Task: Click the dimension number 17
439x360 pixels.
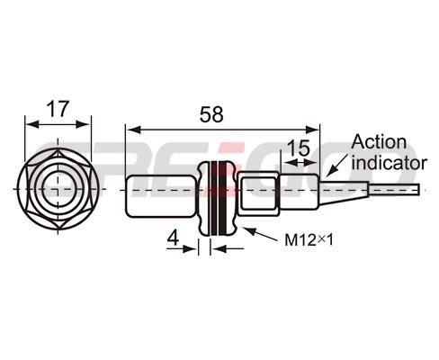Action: click(x=58, y=109)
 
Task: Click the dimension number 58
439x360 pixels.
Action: click(x=211, y=114)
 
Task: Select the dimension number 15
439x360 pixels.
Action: click(x=299, y=148)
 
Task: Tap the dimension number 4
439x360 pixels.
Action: click(x=173, y=238)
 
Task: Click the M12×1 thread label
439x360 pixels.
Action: click(x=309, y=240)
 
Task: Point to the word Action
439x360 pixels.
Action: click(x=379, y=142)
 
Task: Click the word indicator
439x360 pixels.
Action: click(x=389, y=163)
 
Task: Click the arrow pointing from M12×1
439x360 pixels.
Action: click(x=261, y=234)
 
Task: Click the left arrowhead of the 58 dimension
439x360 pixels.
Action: click(x=133, y=130)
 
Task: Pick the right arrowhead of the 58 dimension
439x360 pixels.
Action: click(x=312, y=130)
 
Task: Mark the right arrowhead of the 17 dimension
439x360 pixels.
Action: click(x=83, y=124)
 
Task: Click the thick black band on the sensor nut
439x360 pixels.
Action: click(x=223, y=198)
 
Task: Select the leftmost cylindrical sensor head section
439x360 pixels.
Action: click(x=160, y=196)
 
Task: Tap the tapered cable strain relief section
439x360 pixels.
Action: click(x=344, y=193)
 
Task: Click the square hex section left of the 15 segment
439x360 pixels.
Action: click(x=258, y=193)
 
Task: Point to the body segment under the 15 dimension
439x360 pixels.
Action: click(x=299, y=192)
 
